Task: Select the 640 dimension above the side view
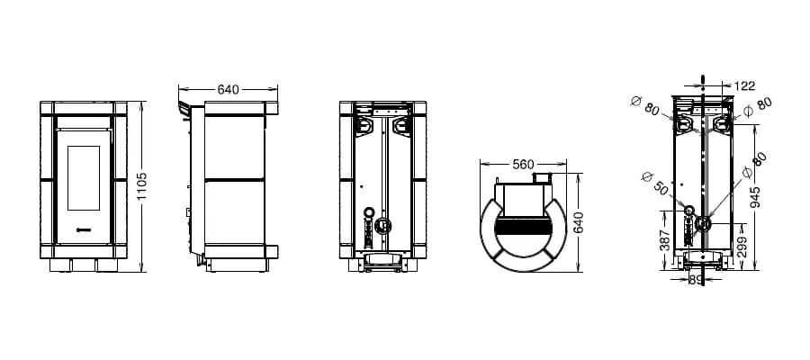pos(228,89)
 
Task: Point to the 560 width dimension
pos(523,164)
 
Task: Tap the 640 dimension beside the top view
pos(579,222)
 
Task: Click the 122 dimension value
pos(744,85)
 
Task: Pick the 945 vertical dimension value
pos(755,197)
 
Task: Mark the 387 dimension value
pos(665,240)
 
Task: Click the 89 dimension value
pos(697,280)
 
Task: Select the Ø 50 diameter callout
pos(654,182)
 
